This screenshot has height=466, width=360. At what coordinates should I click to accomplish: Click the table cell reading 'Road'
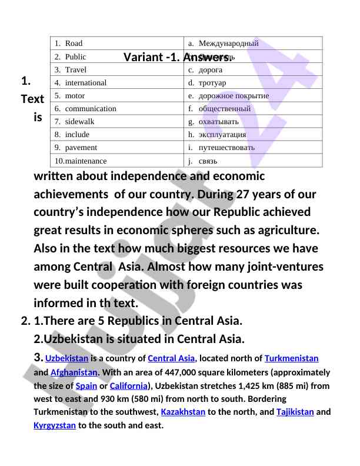[74, 44]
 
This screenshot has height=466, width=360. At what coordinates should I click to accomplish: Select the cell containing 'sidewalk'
[79, 122]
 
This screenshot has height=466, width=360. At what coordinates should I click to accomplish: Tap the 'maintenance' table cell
[86, 161]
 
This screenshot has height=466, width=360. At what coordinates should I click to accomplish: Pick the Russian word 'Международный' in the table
[228, 44]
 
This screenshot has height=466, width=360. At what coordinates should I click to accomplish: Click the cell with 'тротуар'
[212, 83]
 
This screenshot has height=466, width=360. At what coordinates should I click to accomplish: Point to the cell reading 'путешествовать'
[226, 148]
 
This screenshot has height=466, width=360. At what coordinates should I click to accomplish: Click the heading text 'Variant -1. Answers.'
[178, 57]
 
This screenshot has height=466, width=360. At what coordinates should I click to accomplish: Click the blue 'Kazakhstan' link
[183, 412]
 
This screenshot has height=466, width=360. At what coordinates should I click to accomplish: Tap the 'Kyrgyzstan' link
[55, 425]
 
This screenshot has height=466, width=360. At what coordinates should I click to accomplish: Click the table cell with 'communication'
[91, 109]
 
